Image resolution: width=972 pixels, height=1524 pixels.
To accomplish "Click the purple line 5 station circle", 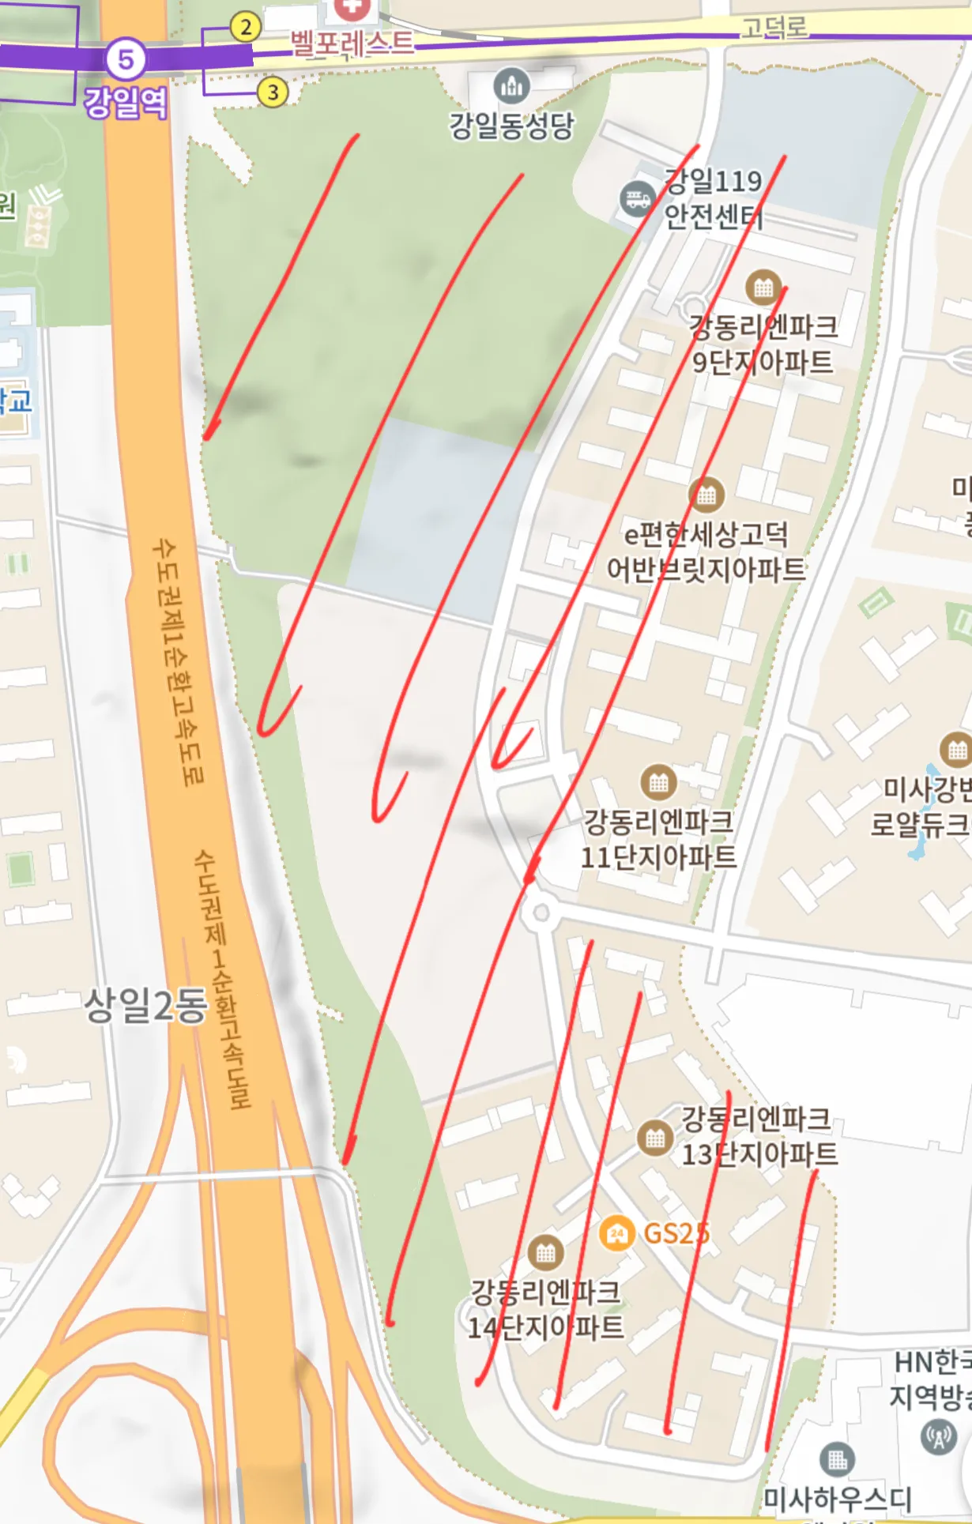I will (126, 58).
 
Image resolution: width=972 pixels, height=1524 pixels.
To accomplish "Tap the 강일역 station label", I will (126, 103).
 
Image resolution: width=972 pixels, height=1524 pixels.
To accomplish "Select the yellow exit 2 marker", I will (246, 28).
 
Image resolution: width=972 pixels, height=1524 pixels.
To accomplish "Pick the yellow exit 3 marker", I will (273, 92).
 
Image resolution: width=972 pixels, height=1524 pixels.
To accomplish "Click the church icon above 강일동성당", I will (511, 85).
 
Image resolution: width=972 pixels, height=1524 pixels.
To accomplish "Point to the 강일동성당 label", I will (511, 126).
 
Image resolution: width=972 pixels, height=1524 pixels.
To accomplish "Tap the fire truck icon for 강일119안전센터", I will (637, 198).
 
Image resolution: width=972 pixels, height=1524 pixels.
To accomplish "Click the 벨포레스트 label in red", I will (352, 43).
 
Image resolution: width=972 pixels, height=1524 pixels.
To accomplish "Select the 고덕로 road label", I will (774, 28).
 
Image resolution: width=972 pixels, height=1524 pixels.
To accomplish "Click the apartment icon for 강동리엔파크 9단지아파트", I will (763, 288).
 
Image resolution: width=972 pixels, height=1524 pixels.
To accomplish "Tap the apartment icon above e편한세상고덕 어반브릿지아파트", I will (706, 495).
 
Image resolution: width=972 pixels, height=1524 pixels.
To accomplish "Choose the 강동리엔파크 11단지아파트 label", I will (658, 839).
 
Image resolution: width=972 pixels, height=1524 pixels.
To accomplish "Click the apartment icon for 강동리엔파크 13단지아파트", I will (655, 1138).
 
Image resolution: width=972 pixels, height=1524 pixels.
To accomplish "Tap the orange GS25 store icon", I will (617, 1232).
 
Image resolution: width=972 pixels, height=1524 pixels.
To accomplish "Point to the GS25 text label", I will (676, 1233).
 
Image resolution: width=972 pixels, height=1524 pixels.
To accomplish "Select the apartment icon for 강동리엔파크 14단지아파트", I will (545, 1253).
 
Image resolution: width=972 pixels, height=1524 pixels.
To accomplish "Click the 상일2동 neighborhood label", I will (145, 1005).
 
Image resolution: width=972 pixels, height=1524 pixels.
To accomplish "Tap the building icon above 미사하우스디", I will (837, 1458).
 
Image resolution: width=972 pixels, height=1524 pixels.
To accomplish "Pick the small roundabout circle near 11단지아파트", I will (541, 913).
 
